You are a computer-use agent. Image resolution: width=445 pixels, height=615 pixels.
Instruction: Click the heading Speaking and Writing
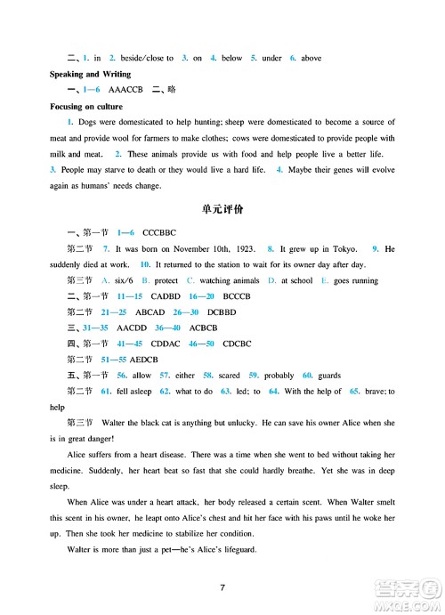coord(90,74)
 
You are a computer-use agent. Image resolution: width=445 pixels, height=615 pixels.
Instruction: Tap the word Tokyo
coord(337,248)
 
